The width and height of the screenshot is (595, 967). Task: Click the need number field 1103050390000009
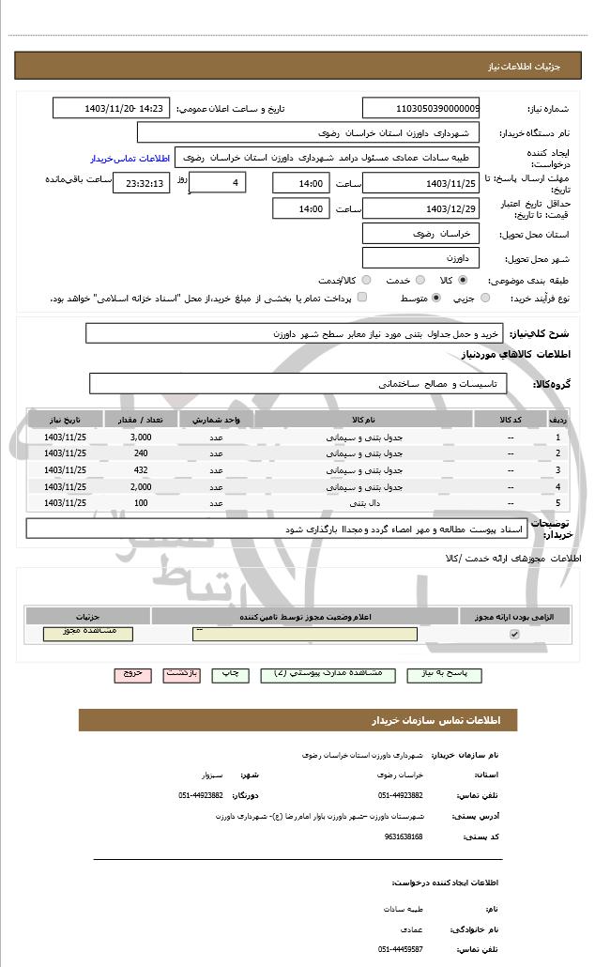point(420,108)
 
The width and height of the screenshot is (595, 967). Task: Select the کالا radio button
point(463,280)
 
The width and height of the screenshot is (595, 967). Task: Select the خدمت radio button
point(420,280)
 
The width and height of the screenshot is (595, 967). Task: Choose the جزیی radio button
point(485,298)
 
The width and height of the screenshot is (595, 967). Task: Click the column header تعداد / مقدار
point(141,419)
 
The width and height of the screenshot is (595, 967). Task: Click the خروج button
point(132,674)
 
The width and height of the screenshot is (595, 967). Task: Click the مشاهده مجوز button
point(88,634)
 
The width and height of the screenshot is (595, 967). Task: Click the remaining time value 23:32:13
point(142,183)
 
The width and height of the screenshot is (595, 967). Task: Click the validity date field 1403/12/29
point(420,207)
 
